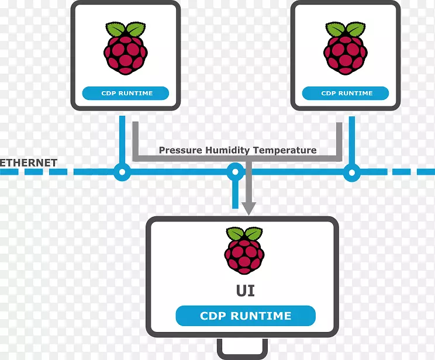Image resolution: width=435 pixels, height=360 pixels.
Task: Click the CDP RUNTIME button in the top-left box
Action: pyautogui.click(x=126, y=93)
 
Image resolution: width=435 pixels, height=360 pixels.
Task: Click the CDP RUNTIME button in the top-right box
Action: pyautogui.click(x=346, y=93)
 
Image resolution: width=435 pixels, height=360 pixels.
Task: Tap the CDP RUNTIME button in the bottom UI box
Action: pyautogui.click(x=246, y=316)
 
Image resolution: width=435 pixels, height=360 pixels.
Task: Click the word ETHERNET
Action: pyautogui.click(x=29, y=162)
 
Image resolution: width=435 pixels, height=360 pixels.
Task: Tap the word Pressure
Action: pyautogui.click(x=181, y=150)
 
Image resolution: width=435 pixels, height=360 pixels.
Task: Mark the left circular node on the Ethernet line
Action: pyautogui.click(x=122, y=172)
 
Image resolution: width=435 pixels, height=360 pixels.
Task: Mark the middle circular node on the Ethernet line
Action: pyautogui.click(x=235, y=172)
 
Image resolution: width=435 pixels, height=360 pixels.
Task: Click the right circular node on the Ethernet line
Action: pyautogui.click(x=351, y=172)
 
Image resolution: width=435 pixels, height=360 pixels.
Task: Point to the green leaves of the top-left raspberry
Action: pyautogui.click(x=126, y=29)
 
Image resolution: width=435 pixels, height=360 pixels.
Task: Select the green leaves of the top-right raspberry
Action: pyautogui.click(x=346, y=29)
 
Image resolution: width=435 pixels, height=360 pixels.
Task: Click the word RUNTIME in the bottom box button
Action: pyautogui.click(x=262, y=316)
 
